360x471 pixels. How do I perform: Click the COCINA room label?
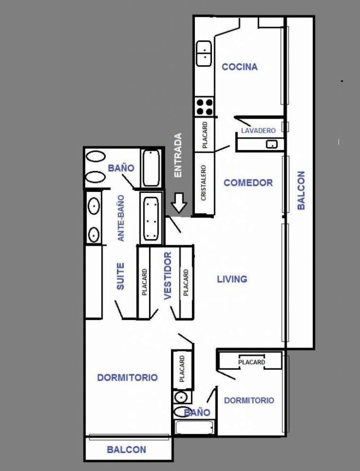(x=240, y=67)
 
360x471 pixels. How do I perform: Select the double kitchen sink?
(x=204, y=53)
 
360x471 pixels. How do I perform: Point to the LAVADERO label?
(x=258, y=131)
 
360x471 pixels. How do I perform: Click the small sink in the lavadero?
(x=272, y=144)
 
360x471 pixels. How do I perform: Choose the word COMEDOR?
(x=248, y=183)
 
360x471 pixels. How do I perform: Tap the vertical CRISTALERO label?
(x=203, y=183)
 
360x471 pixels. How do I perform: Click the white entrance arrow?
(x=179, y=202)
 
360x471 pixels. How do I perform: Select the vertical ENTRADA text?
(x=178, y=155)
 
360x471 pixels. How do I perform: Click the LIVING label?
(x=232, y=279)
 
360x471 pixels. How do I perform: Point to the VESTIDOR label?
(x=168, y=276)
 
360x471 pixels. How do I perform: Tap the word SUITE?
(x=120, y=276)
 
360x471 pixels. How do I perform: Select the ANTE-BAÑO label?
(x=121, y=218)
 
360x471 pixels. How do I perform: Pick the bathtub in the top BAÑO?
(x=151, y=168)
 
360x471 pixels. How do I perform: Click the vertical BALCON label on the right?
(x=301, y=190)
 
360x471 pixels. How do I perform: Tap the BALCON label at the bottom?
(x=126, y=450)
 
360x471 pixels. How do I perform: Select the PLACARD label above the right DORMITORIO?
(x=251, y=362)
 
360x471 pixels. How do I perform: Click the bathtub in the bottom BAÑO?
(x=194, y=428)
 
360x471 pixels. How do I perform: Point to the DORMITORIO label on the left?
(x=127, y=378)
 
